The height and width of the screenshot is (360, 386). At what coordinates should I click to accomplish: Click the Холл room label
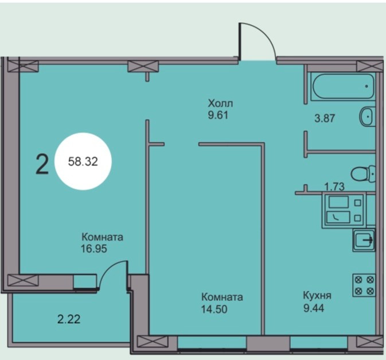[x=221, y=103]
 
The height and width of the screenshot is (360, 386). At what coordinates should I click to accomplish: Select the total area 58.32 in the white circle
[x=83, y=162]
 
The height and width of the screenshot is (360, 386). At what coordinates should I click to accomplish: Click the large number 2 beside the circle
[x=42, y=164]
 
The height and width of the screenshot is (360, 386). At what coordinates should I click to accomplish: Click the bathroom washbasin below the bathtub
[x=366, y=117]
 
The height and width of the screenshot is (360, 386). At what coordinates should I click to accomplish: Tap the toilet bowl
[x=362, y=173]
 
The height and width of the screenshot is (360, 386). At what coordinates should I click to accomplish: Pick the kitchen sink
[x=364, y=240]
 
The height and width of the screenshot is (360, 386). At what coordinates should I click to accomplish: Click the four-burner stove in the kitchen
[x=364, y=285]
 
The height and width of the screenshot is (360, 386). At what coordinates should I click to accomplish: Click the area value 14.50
[x=213, y=308]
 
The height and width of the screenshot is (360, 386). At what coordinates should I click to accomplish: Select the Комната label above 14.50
[x=222, y=297]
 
